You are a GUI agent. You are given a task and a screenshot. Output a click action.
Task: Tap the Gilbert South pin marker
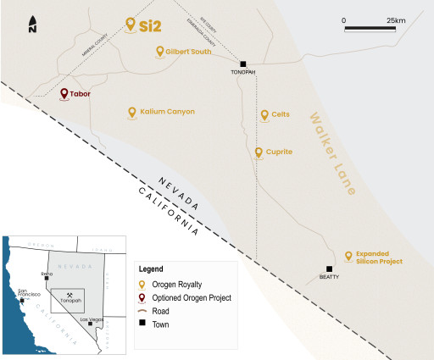tap(160, 52)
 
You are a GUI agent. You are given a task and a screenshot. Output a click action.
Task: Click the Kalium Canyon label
tap(167, 111)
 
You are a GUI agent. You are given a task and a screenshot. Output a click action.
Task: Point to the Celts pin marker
tap(264, 114)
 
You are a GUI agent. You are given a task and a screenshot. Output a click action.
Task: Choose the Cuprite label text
tap(279, 152)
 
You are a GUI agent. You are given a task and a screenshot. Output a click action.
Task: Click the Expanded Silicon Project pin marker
tap(348, 256)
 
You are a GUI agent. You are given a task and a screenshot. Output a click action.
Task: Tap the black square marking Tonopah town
tap(243, 64)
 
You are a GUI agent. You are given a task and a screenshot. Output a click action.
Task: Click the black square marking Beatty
tap(329, 269)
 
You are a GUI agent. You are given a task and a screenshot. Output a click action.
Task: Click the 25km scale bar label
tap(396, 19)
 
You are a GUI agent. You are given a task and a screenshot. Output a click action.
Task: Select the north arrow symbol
tap(32, 25)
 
